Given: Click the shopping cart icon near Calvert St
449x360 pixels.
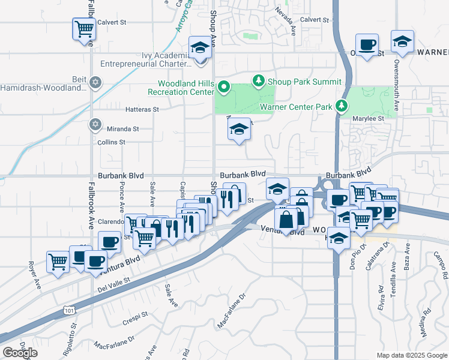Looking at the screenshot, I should tap(85, 29).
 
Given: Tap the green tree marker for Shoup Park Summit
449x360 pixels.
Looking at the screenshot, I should tap(259, 80).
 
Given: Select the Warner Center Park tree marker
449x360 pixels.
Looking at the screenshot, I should tap(342, 106).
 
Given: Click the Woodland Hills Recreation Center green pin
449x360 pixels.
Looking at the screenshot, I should tap(223, 88).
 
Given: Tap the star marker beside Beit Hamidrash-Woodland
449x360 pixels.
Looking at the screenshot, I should tap(95, 82).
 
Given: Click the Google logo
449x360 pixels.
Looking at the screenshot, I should tap(20, 353).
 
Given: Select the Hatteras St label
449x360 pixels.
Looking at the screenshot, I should tap(142, 110).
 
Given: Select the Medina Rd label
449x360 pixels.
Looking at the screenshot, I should tap(426, 320).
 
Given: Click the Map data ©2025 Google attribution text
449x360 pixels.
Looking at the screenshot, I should tap(411, 355).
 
